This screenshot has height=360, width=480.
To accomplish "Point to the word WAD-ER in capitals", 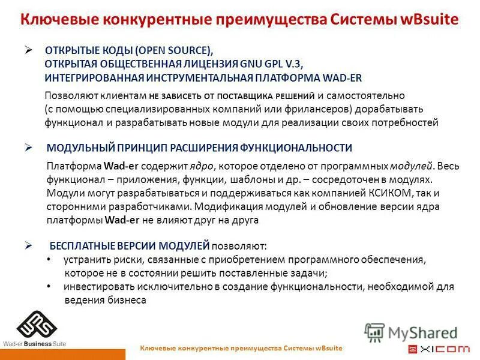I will pos(343,78).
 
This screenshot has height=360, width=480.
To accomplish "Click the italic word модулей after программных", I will pos(411,166).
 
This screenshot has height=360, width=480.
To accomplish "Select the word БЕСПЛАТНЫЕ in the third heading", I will pos(81,245).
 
